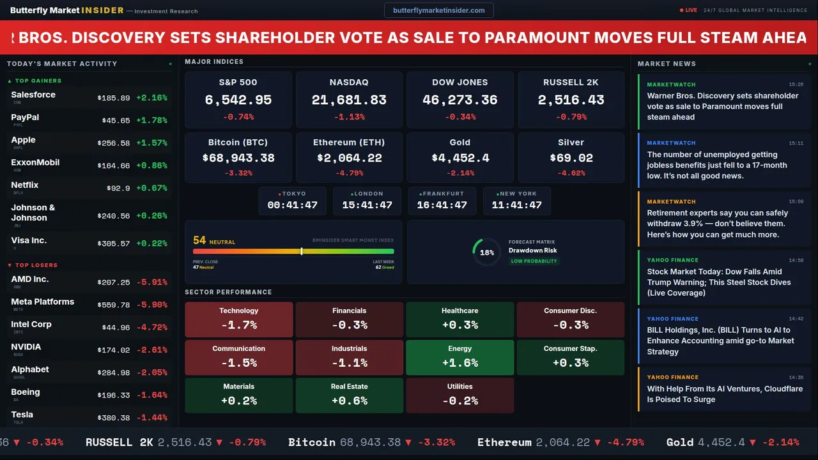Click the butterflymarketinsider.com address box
438,10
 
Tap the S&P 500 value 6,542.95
238,100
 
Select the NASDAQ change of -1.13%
349,117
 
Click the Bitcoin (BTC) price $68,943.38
238,158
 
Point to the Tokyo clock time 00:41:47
292,205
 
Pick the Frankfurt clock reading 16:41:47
442,205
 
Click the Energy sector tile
459,357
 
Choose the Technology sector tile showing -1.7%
238,319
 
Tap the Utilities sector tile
459,395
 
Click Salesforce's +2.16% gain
151,98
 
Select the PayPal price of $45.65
116,120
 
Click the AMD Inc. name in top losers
30,279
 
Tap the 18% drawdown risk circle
486,252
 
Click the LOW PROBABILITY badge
533,261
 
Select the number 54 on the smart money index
199,240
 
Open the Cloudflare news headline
725,394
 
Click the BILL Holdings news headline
720,341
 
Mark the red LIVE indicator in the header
689,10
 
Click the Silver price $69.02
571,158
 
